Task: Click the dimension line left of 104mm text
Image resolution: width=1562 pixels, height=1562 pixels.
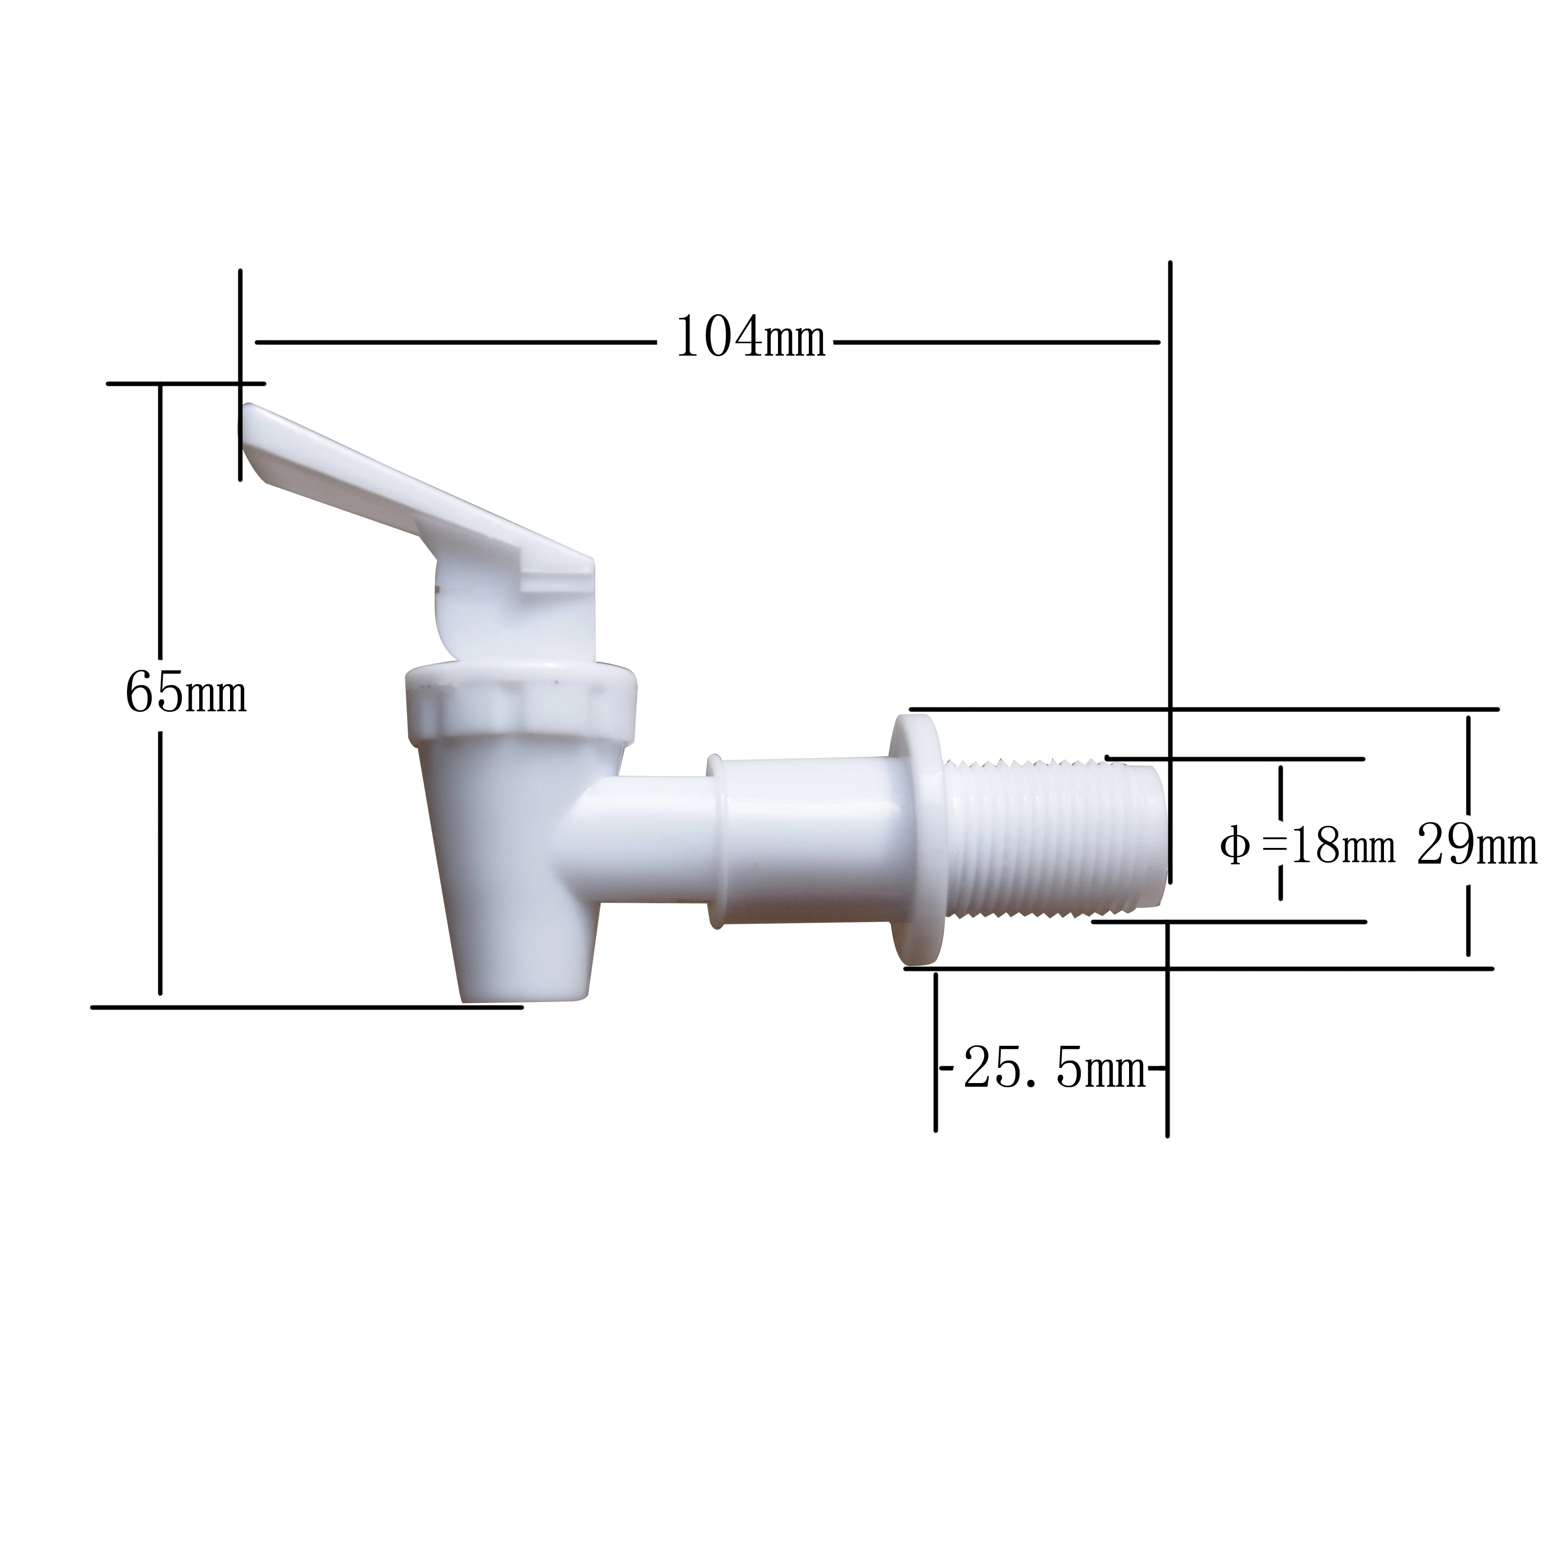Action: coord(453,343)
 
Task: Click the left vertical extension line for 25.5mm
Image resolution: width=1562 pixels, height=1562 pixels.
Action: coord(935,1051)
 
